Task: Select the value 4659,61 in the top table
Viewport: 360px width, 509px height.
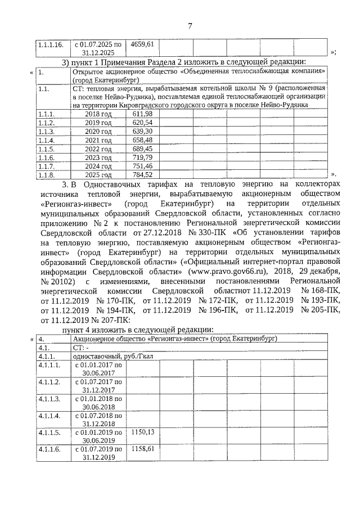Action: pyautogui.click(x=142, y=43)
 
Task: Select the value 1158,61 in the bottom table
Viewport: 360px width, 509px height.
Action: pyautogui.click(x=142, y=449)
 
